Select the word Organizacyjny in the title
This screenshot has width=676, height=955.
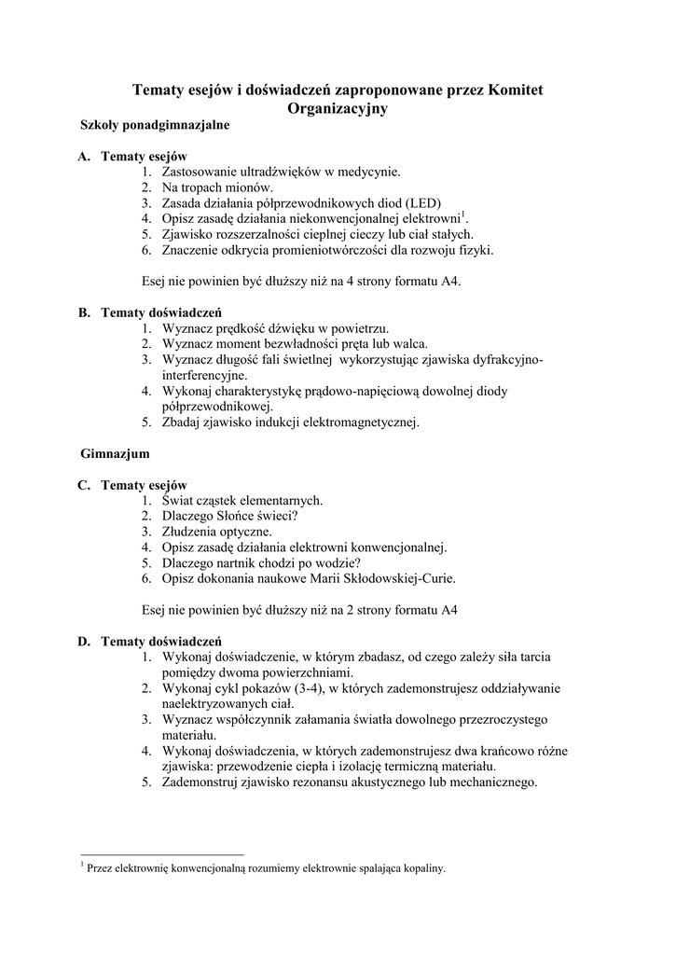click(x=338, y=108)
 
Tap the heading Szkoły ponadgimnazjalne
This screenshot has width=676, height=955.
click(x=155, y=124)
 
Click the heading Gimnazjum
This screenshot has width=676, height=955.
click(x=116, y=453)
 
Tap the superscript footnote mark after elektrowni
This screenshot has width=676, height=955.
click(x=464, y=215)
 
